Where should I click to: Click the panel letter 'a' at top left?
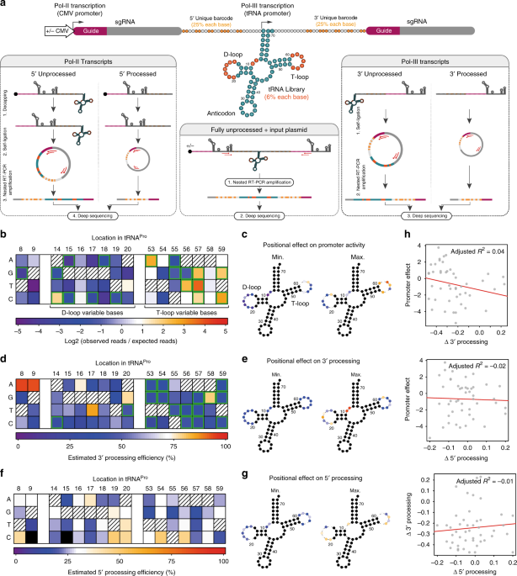tap(4, 5)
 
